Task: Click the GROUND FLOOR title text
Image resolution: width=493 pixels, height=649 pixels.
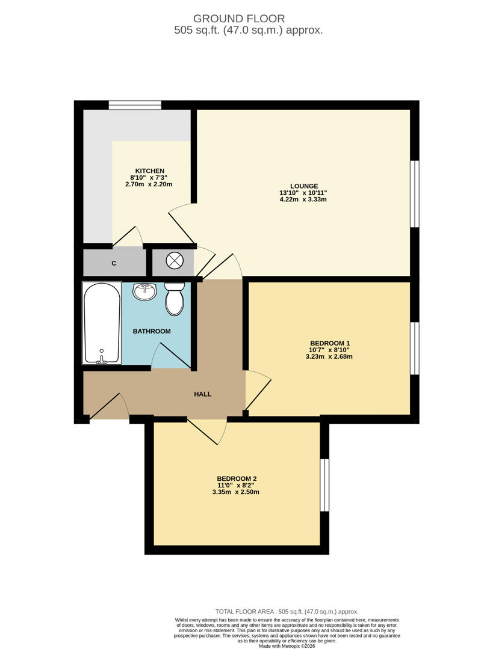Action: click(x=239, y=19)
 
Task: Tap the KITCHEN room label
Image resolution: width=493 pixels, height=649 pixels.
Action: click(x=150, y=171)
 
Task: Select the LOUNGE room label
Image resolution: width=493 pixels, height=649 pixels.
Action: click(x=304, y=186)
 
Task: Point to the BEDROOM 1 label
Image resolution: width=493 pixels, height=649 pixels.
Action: click(x=330, y=343)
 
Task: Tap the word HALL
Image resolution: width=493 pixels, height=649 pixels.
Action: click(x=203, y=394)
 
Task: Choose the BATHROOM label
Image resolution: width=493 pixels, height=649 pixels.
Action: click(x=152, y=331)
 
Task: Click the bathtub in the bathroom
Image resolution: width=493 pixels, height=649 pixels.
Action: click(x=102, y=323)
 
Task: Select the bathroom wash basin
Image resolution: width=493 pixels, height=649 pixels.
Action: click(x=144, y=291)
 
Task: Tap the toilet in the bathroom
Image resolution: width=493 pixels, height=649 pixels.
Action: click(x=175, y=299)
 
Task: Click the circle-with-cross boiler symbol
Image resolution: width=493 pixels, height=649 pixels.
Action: click(x=175, y=260)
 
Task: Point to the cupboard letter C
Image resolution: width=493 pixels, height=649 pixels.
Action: click(x=114, y=263)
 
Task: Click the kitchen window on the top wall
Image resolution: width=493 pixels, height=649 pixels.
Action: click(x=135, y=105)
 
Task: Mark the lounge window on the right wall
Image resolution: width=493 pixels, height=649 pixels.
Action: click(x=415, y=193)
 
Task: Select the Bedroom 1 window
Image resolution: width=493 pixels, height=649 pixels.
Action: click(x=415, y=348)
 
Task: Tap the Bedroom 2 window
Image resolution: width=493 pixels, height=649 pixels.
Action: click(x=324, y=485)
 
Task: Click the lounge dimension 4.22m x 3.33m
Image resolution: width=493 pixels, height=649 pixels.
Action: click(x=303, y=200)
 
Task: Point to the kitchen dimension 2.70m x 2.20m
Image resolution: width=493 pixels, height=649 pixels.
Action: click(x=149, y=184)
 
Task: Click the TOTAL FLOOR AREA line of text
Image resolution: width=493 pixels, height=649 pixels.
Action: click(x=287, y=611)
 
